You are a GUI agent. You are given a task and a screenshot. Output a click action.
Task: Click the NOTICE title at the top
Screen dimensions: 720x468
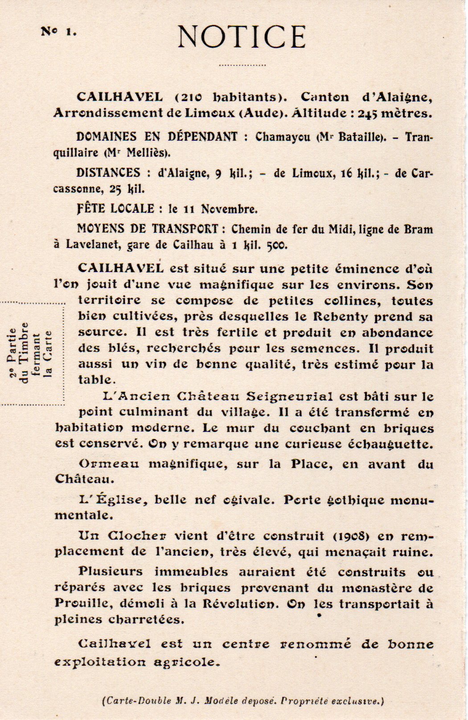242,37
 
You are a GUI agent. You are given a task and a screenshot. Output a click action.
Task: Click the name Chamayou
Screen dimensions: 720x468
283,137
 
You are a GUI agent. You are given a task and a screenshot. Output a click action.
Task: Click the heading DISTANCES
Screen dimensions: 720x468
108,172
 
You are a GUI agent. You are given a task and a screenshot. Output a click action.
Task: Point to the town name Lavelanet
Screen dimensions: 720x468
94,244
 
